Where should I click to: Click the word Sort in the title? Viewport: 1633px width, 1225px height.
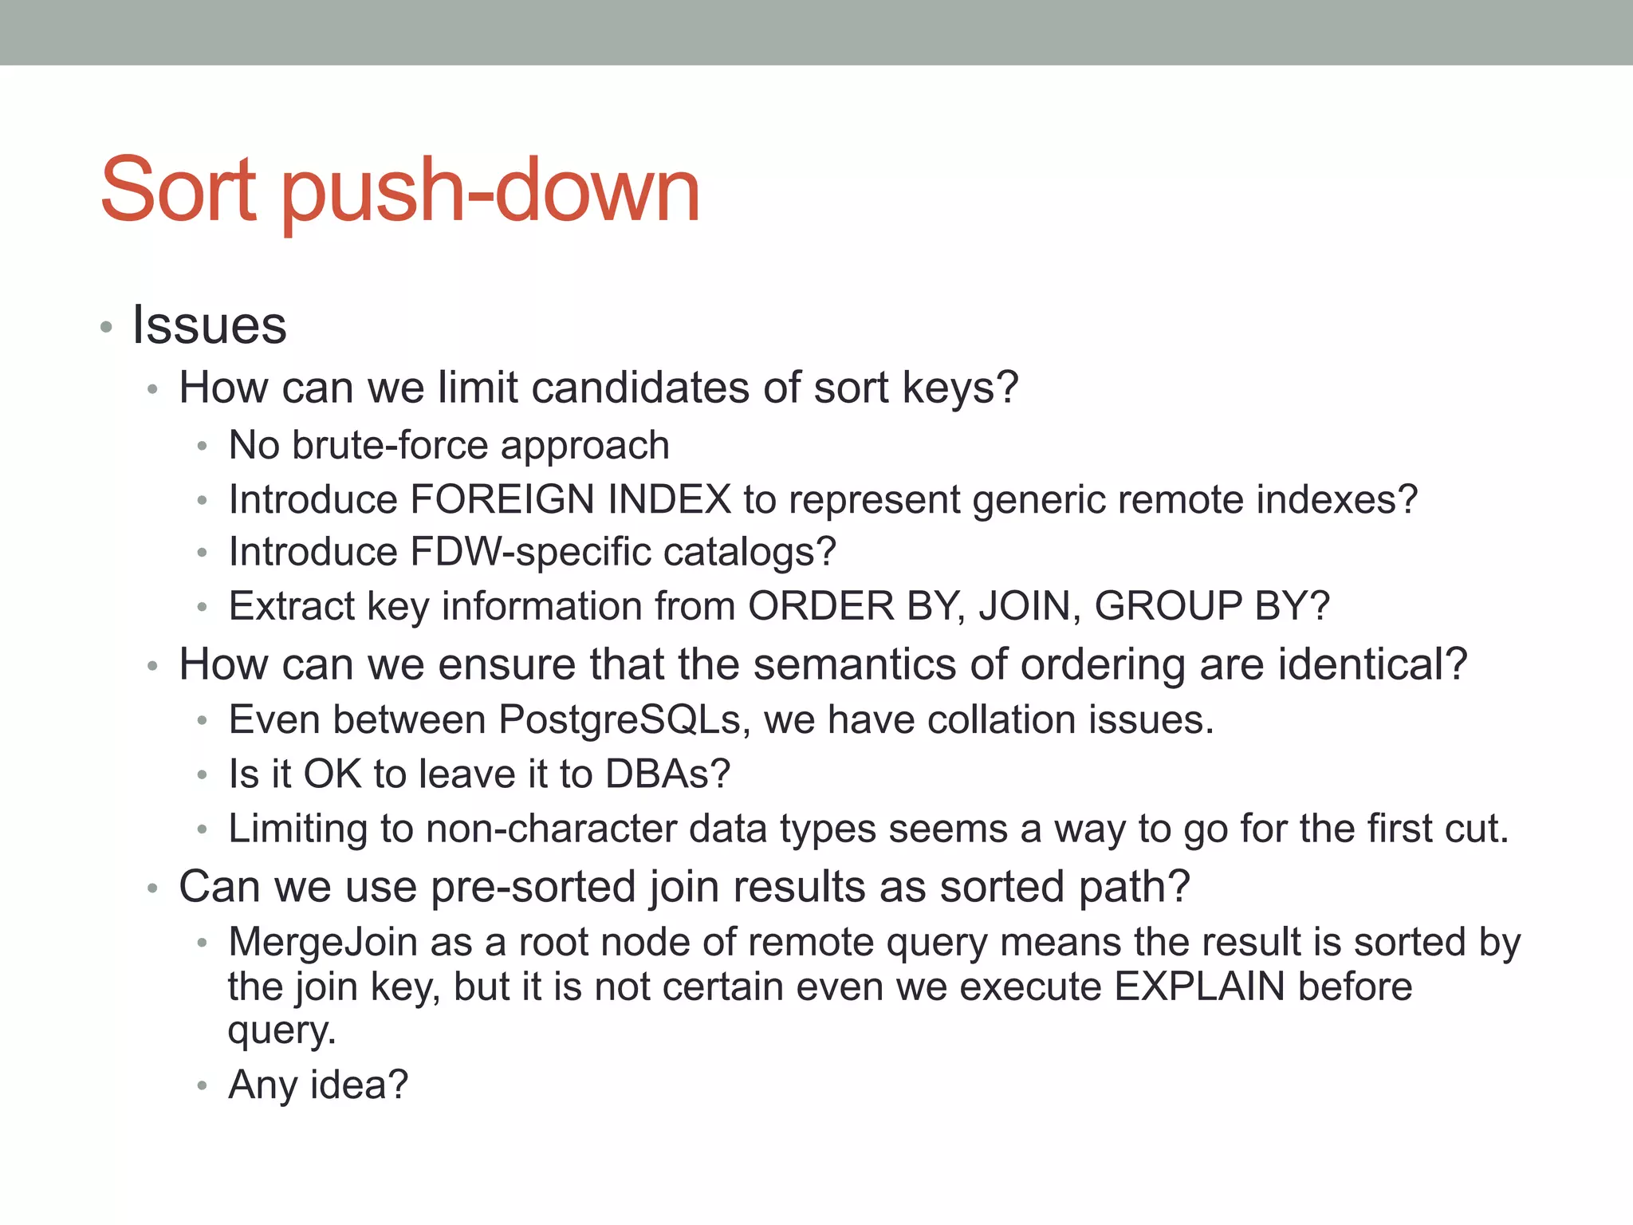point(178,190)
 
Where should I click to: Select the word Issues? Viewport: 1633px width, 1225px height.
point(209,325)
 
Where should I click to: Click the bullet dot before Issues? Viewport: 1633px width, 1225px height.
point(106,327)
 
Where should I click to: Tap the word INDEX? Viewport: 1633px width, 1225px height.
point(669,500)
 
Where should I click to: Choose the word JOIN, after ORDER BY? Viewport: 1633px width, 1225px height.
point(1029,606)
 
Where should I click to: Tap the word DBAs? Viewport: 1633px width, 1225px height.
point(667,774)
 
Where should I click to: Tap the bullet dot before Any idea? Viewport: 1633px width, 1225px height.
point(203,1086)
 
